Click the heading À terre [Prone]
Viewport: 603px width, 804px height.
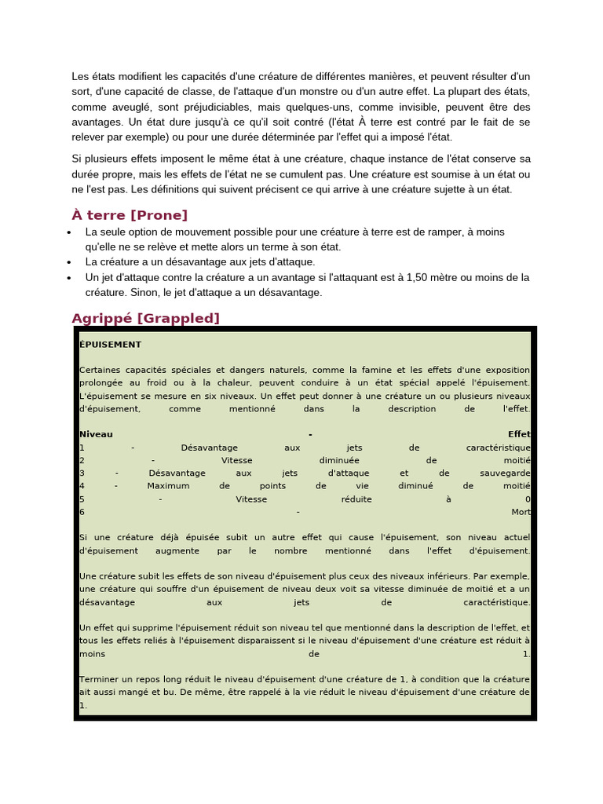[x=130, y=215]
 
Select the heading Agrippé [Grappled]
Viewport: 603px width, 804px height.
[x=145, y=318]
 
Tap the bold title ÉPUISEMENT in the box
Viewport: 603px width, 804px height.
[x=110, y=344]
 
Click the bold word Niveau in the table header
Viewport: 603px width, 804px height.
[x=96, y=434]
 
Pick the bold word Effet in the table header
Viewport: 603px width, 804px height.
[x=519, y=434]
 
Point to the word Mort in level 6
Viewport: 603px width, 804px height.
[x=521, y=512]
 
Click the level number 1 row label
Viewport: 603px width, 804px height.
[x=82, y=448]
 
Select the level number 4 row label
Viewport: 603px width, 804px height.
[x=82, y=486]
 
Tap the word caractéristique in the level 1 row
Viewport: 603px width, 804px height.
[x=498, y=448]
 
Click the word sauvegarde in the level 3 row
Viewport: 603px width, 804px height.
[x=505, y=473]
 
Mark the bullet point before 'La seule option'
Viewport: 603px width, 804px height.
[x=70, y=232]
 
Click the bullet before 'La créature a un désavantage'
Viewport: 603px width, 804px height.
[x=70, y=262]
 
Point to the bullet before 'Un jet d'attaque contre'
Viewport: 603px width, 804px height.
[x=70, y=278]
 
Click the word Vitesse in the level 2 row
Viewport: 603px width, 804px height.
[x=236, y=460]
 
